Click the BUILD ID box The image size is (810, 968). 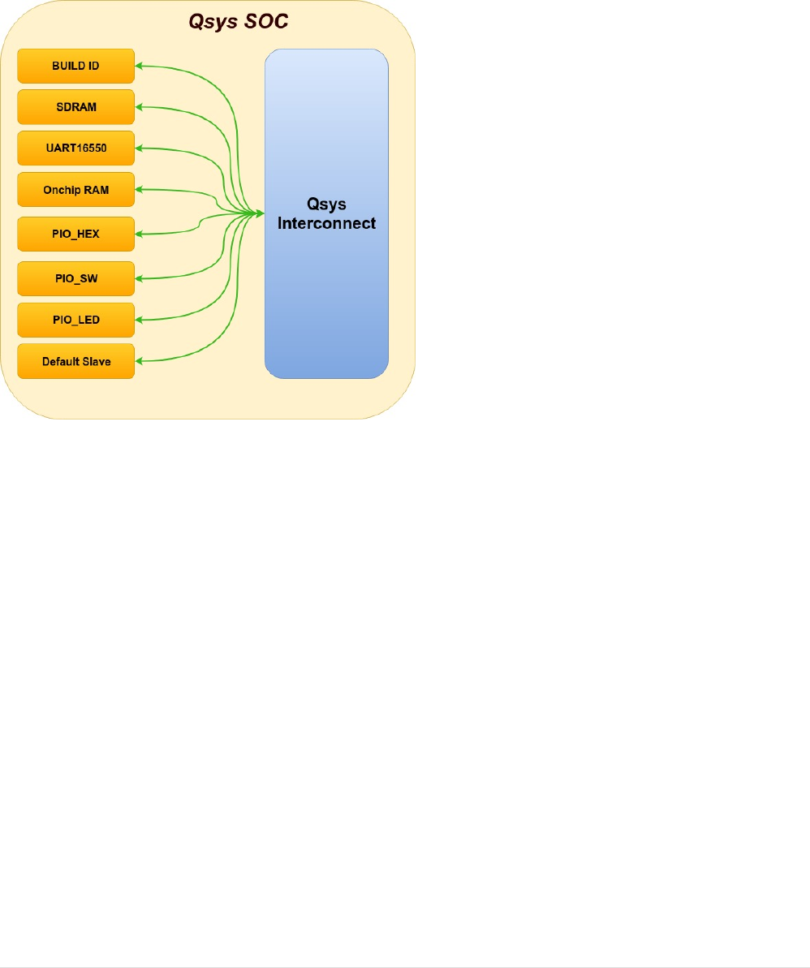(75, 66)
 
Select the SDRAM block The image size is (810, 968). (75, 107)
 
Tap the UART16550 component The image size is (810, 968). (75, 148)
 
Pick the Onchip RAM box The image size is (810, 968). (75, 190)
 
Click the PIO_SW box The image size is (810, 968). (75, 278)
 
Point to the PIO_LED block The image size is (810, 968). (75, 320)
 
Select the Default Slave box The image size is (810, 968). (75, 361)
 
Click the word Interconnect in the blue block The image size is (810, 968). (326, 223)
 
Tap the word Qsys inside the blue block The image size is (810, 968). (326, 205)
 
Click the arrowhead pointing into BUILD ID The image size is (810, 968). (139, 66)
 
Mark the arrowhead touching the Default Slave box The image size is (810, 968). (139, 361)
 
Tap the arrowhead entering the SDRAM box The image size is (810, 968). (139, 107)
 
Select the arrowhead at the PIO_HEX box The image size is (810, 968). (139, 234)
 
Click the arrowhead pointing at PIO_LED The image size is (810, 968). (139, 320)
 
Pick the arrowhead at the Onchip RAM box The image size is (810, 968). (139, 190)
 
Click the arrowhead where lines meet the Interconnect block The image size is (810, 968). (261, 213)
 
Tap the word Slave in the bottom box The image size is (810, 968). (96, 361)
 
